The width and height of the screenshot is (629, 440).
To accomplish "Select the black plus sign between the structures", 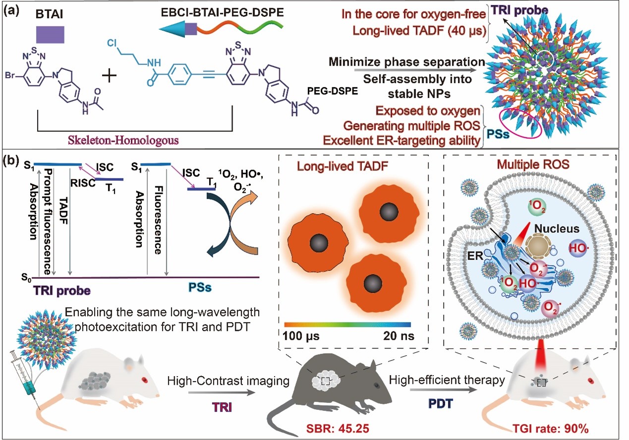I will click(x=111, y=78).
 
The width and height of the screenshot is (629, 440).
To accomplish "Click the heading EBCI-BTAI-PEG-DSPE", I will click(x=222, y=10).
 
